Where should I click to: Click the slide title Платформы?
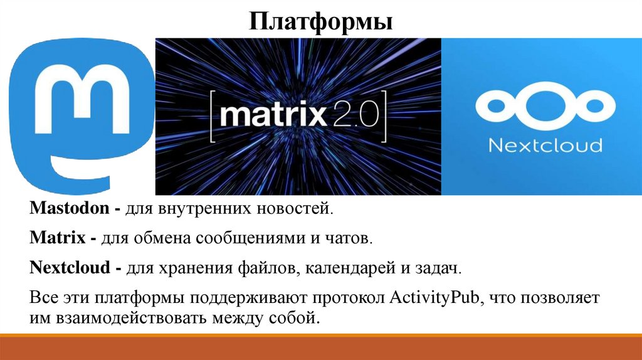point(320,23)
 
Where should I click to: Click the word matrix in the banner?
point(274,115)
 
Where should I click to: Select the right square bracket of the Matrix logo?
point(383,115)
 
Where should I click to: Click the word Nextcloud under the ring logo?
point(544,146)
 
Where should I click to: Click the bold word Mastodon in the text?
point(69,209)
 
